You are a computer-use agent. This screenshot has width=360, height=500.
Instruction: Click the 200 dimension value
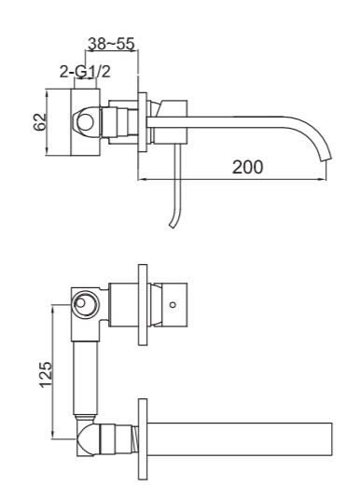pyautogui.click(x=248, y=167)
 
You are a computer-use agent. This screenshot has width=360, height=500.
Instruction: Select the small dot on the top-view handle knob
pyautogui.click(x=173, y=304)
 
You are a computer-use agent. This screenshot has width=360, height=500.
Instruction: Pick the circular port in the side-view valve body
pyautogui.click(x=85, y=120)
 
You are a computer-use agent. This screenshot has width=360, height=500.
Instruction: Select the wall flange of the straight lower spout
pyautogui.click(x=141, y=438)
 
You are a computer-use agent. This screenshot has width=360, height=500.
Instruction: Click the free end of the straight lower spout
pyautogui.click(x=330, y=439)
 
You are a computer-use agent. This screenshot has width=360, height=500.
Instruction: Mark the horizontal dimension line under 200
pyautogui.click(x=233, y=178)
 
